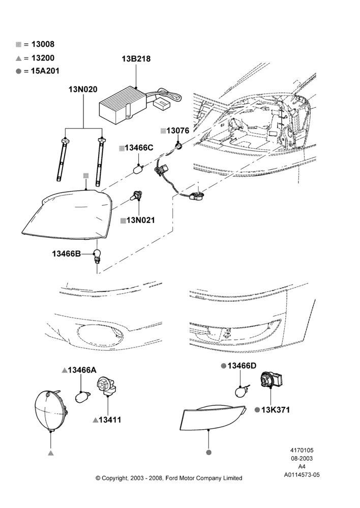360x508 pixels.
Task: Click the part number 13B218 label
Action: (x=136, y=59)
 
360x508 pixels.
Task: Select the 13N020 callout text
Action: (x=83, y=89)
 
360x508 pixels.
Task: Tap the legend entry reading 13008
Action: (x=43, y=44)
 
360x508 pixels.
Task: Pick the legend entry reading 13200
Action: (x=43, y=58)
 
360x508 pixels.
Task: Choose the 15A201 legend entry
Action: (x=45, y=71)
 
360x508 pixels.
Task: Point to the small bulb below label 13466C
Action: (x=139, y=169)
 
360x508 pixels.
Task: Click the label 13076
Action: (x=178, y=131)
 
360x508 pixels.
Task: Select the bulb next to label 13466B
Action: (x=97, y=255)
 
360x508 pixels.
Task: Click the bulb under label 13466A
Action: (x=81, y=396)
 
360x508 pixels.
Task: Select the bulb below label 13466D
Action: (x=242, y=391)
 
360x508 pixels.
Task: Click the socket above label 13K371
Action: (x=271, y=379)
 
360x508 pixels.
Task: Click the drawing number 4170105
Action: (x=302, y=450)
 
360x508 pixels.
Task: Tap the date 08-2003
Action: (x=302, y=458)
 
